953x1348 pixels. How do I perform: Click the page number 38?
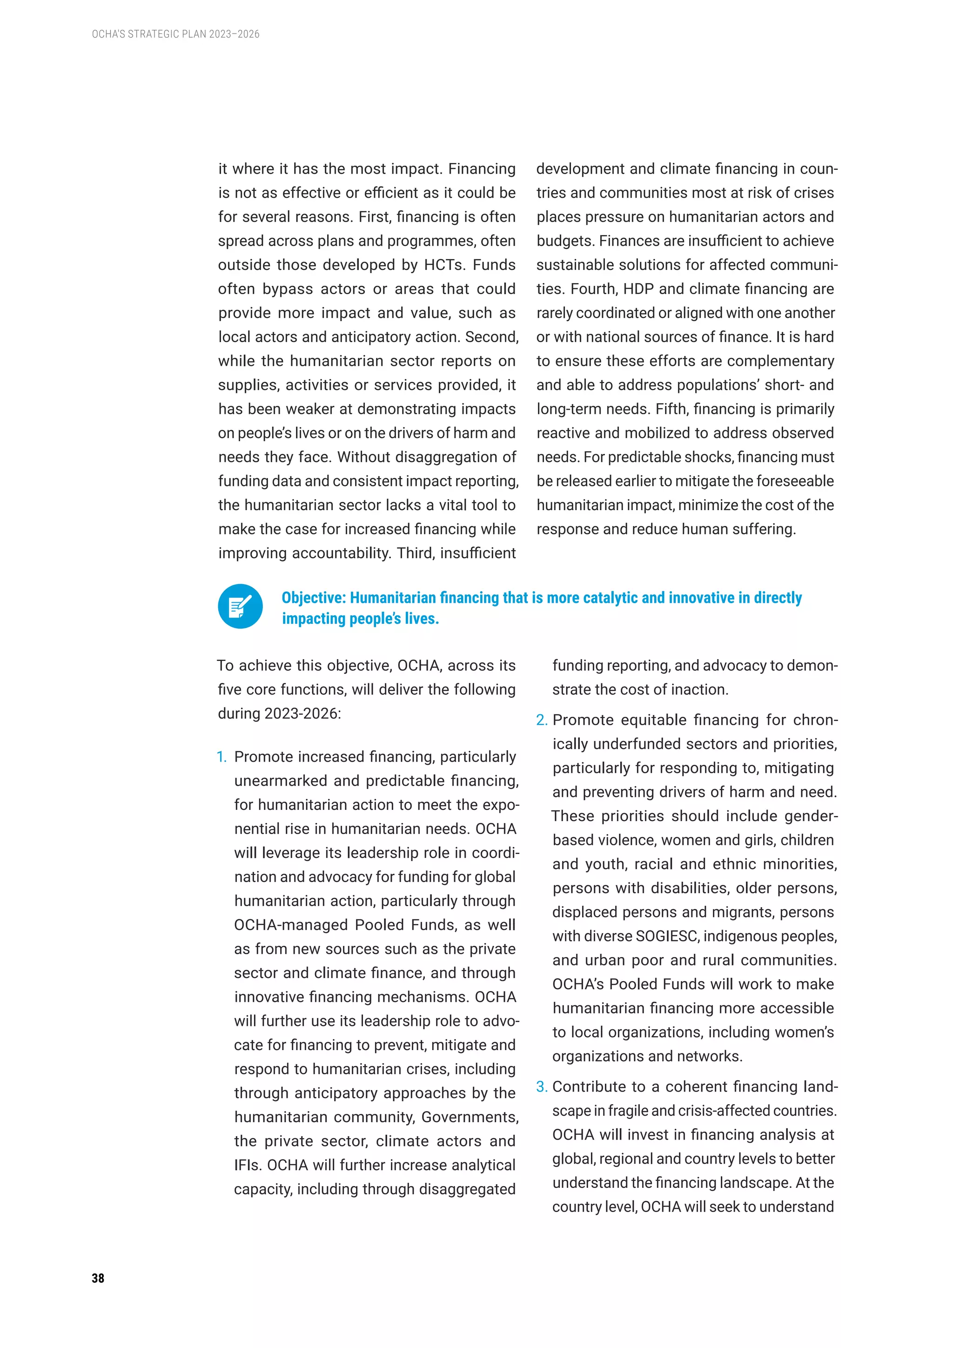click(x=98, y=1278)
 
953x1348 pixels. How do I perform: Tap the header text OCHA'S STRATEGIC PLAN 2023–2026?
click(x=175, y=34)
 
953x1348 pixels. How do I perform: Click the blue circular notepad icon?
click(x=240, y=607)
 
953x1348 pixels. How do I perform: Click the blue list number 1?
click(x=221, y=757)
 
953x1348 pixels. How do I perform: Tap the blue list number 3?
click(x=541, y=1087)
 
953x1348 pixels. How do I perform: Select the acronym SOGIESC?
click(x=667, y=936)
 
